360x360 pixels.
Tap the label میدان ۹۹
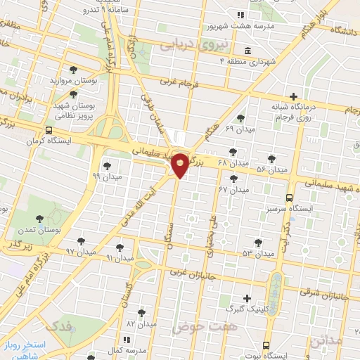point(107,176)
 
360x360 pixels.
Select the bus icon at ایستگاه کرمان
point(49,130)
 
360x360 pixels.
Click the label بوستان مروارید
point(77,81)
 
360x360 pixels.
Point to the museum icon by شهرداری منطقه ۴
point(247,51)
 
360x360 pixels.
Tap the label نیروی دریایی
point(186,45)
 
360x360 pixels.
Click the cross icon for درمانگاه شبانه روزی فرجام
point(293,96)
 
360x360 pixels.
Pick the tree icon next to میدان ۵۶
point(272,160)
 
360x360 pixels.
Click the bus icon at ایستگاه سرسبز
point(290,198)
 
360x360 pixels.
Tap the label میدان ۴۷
point(234,190)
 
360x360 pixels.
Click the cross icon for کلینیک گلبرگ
point(246,298)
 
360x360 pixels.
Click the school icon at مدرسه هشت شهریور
point(240,15)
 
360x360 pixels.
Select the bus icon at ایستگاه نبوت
point(265,345)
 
